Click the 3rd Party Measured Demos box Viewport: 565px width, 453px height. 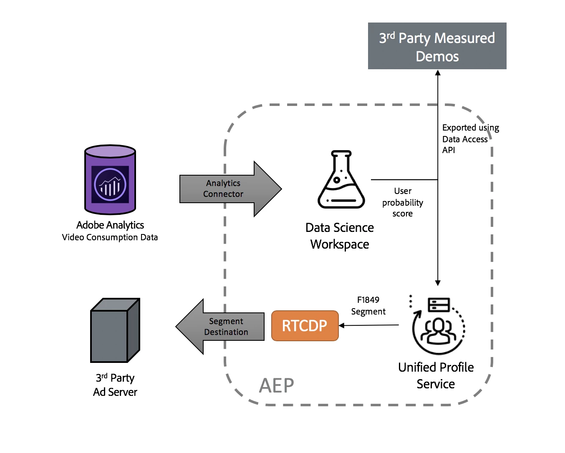coord(437,46)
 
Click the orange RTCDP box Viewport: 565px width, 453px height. coord(305,326)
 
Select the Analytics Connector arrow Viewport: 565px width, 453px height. coord(230,189)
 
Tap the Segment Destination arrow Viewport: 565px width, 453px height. coord(221,327)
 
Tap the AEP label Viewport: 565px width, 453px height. coord(276,385)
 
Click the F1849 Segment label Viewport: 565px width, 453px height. coord(368,306)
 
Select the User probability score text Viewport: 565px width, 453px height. coord(403,202)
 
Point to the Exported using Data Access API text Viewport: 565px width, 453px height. coord(470,139)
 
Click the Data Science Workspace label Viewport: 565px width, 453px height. coord(340,236)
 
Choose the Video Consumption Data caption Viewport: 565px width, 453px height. coord(110,237)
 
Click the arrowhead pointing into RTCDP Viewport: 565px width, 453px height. coord(342,325)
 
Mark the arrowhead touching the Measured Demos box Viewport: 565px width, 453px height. coord(438,73)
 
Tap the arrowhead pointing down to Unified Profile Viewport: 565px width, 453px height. coord(438,283)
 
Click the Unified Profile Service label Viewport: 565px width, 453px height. coord(436,375)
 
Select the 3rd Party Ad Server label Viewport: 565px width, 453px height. coord(115,385)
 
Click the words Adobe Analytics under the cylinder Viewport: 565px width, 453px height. coord(110,225)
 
